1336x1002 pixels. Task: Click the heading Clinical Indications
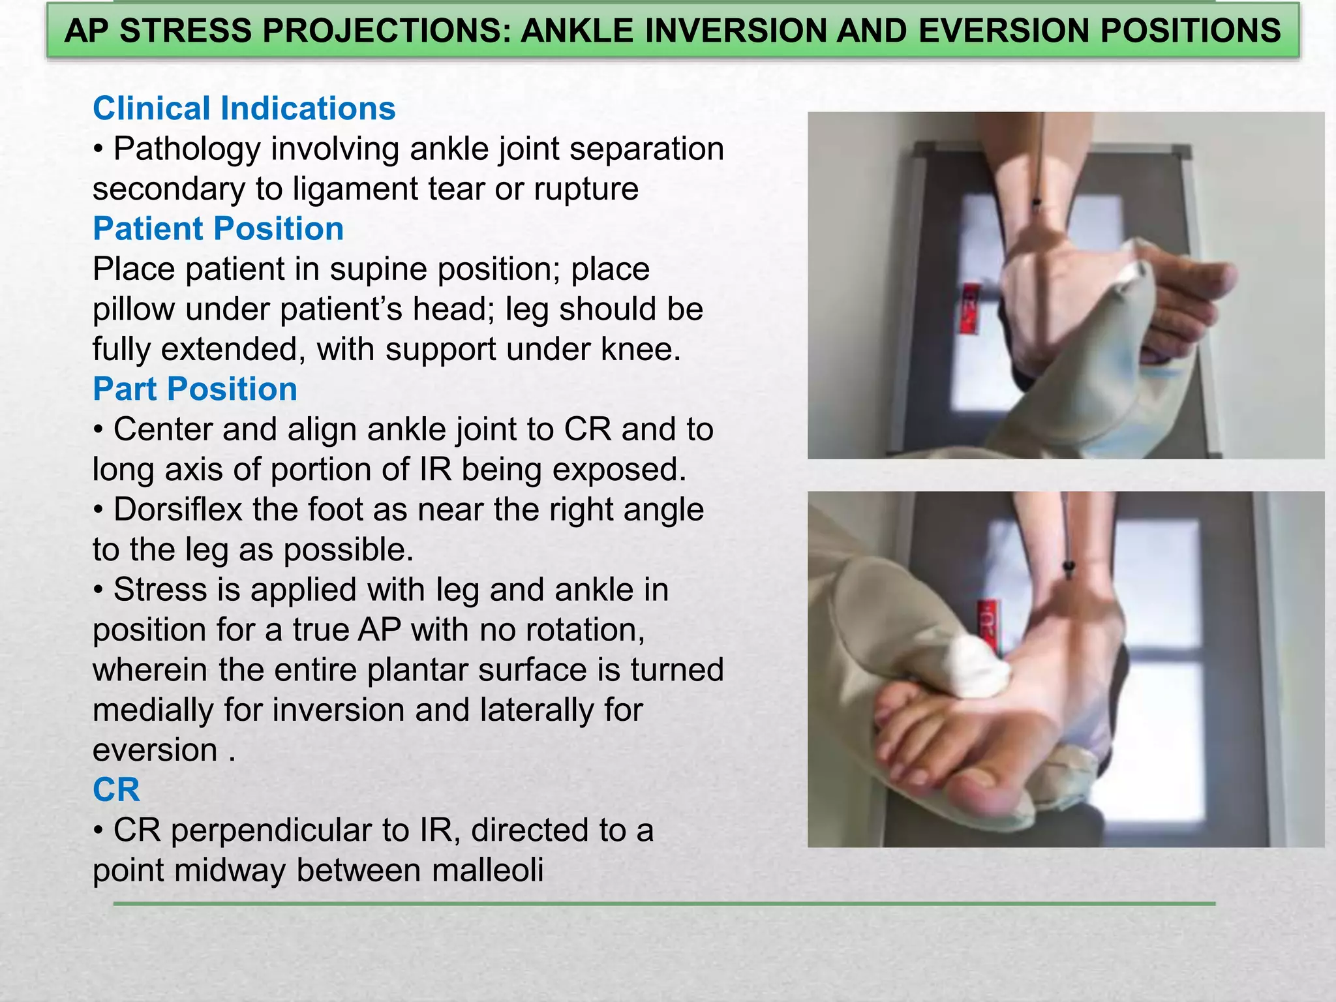pos(244,108)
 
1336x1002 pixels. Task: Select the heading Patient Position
pos(218,229)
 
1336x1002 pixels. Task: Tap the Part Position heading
pos(195,389)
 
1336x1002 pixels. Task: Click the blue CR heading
pos(116,790)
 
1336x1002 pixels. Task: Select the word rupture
pos(586,189)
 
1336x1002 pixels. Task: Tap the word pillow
pos(133,309)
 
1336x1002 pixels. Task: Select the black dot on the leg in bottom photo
pos(1069,565)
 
